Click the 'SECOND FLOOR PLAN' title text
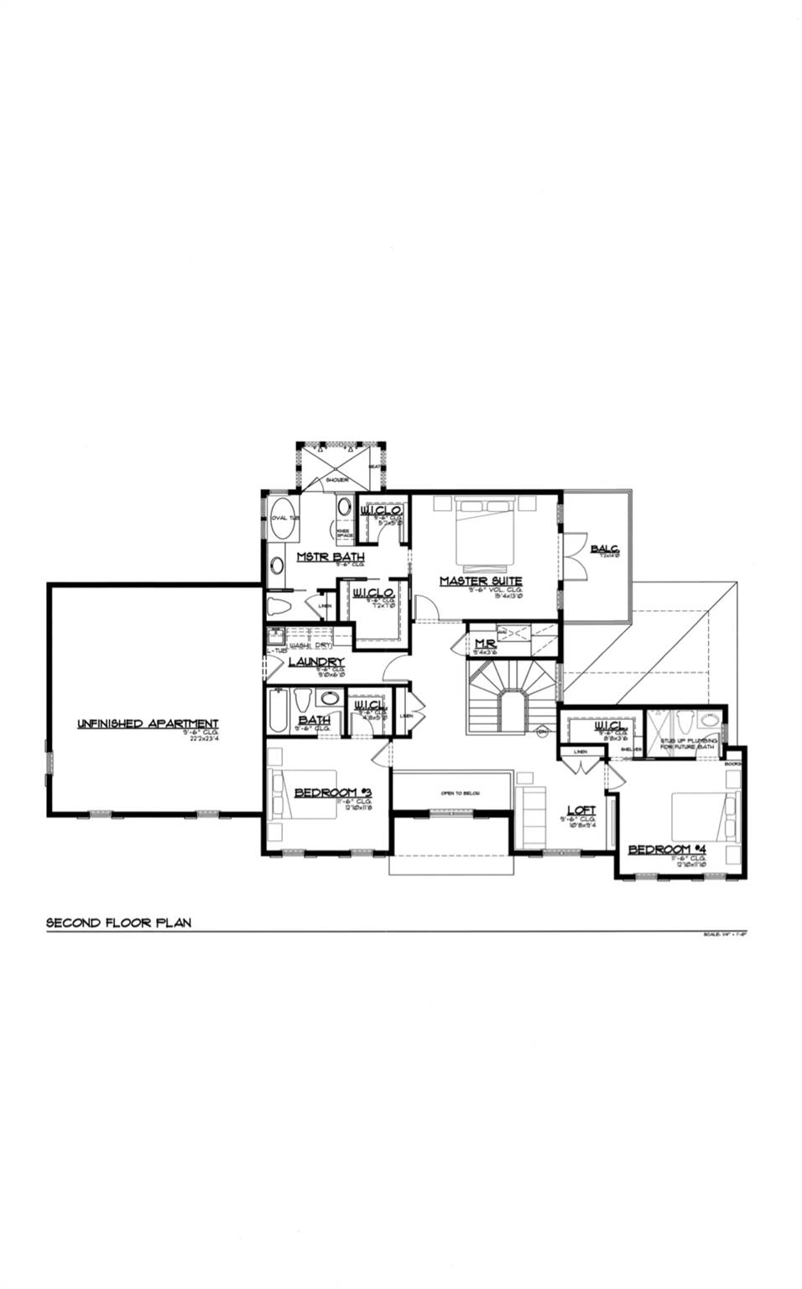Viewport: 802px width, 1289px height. tap(118, 922)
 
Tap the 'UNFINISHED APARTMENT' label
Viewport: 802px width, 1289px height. tap(148, 723)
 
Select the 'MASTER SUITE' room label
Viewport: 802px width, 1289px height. tap(481, 581)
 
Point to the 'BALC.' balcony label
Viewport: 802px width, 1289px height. tap(603, 550)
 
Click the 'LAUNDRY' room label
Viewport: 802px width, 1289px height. tap(316, 662)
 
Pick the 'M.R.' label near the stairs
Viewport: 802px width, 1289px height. tap(482, 643)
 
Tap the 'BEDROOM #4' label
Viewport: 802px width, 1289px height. tap(668, 849)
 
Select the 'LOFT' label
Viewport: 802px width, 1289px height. tap(581, 810)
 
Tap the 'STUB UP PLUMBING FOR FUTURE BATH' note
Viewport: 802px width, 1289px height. tap(688, 743)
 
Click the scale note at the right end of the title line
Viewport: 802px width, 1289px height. tap(726, 934)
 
